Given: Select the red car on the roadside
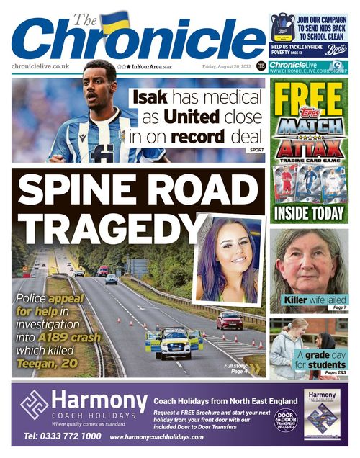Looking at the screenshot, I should (x=229, y=320).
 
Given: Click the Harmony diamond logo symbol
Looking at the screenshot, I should (x=35, y=407).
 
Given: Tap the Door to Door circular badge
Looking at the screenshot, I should (x=286, y=420).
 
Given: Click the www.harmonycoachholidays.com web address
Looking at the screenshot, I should (x=156, y=437).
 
